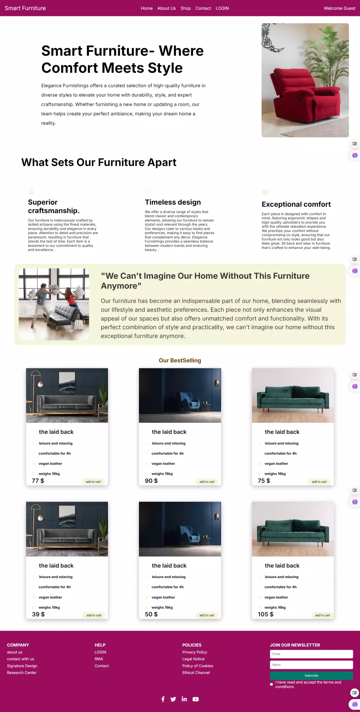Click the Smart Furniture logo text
coord(25,8)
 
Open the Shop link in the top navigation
coord(185,8)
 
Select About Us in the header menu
coord(166,8)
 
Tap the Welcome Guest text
coord(339,8)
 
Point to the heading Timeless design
coord(173,202)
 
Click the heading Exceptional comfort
coord(296,204)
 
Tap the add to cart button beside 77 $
coord(93,482)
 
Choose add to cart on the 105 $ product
coord(323,615)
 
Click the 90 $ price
coord(151,481)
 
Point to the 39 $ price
coord(38,614)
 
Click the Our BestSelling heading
coord(180,361)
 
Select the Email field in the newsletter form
coord(311,654)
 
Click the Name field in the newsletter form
coord(311,665)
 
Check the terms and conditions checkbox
coord(271,684)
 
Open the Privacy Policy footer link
coord(194,652)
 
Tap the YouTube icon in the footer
coord(195,699)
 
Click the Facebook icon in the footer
coord(163,699)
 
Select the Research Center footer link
coord(22,673)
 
